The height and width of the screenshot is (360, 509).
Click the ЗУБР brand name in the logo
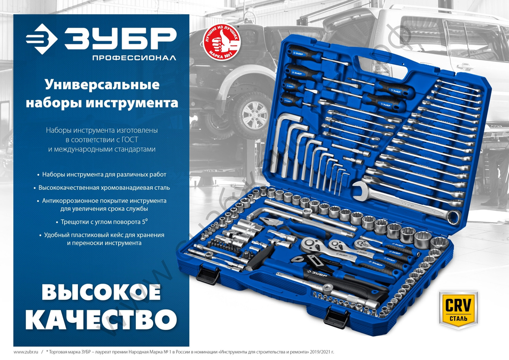pos(120,38)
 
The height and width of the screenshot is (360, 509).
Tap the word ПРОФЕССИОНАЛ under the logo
pos(134,58)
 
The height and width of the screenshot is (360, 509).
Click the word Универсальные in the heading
pos(102,84)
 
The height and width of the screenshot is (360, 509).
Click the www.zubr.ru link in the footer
pos(26,352)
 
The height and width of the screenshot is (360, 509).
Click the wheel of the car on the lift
pos(253,110)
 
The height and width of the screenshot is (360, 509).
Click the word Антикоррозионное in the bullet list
pos(71,201)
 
